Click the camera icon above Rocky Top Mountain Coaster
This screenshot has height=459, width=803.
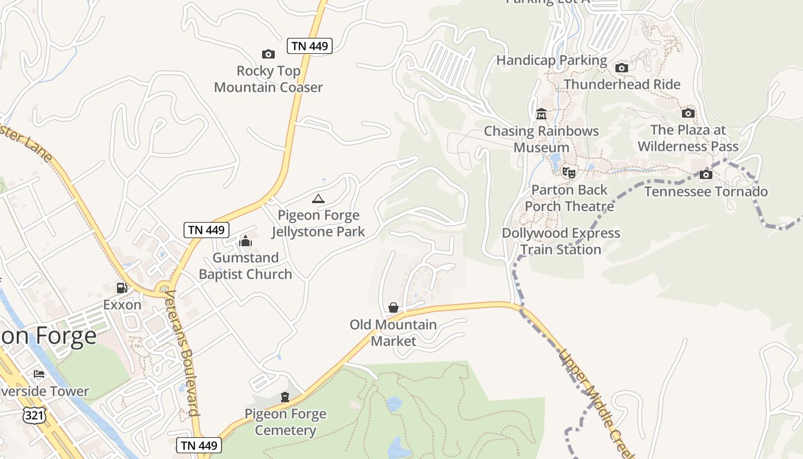pyautogui.click(x=268, y=55)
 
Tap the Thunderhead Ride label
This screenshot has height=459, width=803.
pyautogui.click(x=622, y=84)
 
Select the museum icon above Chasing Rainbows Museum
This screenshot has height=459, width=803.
pyautogui.click(x=541, y=114)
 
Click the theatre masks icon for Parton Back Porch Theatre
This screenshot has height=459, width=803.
pyautogui.click(x=569, y=172)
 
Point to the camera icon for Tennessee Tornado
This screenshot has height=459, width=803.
pyautogui.click(x=706, y=174)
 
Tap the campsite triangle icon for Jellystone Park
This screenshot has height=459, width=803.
pyautogui.click(x=318, y=199)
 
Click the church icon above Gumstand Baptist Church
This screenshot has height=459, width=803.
pyautogui.click(x=245, y=241)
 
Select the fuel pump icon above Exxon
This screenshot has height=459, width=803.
pyautogui.click(x=122, y=287)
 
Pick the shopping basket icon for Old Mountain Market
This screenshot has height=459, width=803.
pyautogui.click(x=393, y=308)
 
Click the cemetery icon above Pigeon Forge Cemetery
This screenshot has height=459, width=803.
pyautogui.click(x=285, y=397)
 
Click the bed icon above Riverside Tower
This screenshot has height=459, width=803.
pyautogui.click(x=39, y=374)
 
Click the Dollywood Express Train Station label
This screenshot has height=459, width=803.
pyautogui.click(x=561, y=241)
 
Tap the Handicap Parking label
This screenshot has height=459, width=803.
pyautogui.click(x=551, y=60)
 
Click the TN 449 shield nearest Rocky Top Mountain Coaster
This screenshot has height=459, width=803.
pyautogui.click(x=310, y=46)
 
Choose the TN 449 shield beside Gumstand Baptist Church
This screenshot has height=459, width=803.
pyautogui.click(x=206, y=230)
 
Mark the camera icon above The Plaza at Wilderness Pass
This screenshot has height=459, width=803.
pyautogui.click(x=688, y=113)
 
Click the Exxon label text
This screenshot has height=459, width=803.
pyautogui.click(x=122, y=305)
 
